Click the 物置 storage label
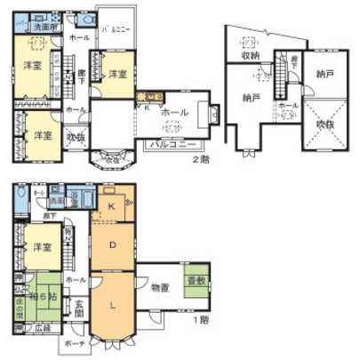(161, 287)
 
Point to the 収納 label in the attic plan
(251, 55)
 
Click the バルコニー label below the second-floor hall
(168, 142)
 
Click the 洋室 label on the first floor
(37, 247)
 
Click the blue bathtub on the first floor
(75, 197)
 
